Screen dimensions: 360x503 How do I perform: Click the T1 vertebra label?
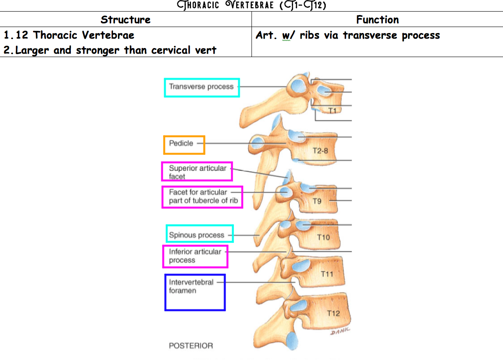tap(332, 111)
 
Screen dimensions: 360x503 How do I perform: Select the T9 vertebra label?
tap(317, 200)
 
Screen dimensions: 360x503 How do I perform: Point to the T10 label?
tap(323, 237)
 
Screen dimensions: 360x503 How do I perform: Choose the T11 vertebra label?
tap(327, 274)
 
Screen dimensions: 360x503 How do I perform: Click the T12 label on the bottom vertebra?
tap(333, 313)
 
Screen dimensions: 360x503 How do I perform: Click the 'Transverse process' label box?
tap(201, 87)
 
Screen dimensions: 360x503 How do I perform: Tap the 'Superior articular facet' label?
tap(197, 172)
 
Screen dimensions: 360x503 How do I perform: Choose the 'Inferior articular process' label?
tap(195, 256)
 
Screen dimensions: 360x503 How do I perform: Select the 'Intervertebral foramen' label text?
tap(191, 286)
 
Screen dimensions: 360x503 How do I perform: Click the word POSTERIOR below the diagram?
tap(191, 345)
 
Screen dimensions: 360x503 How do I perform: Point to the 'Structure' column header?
tap(125, 19)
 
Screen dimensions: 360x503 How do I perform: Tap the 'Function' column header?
tap(377, 19)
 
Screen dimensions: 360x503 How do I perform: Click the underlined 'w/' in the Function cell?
tap(286, 35)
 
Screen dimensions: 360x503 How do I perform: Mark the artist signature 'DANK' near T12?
tap(340, 330)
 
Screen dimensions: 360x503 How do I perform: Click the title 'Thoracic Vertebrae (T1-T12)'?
tap(251, 5)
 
